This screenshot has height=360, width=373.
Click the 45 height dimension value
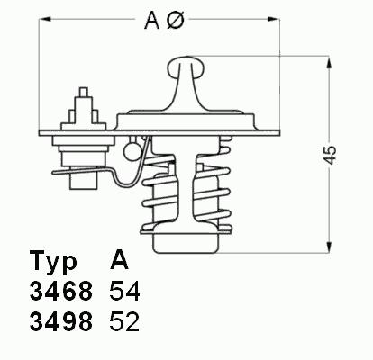[x=331, y=156]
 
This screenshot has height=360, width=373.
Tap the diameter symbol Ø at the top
[x=175, y=21]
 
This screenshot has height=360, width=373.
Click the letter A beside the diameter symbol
[x=152, y=21]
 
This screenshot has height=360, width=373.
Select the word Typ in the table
[x=53, y=263]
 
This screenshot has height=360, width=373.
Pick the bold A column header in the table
[x=119, y=260]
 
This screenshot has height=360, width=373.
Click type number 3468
[x=61, y=291]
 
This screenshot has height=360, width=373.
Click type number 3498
[x=61, y=321]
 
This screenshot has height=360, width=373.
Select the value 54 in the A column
[x=124, y=291]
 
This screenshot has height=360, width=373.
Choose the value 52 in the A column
[x=124, y=321]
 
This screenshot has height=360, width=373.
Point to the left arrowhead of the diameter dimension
[x=44, y=19]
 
